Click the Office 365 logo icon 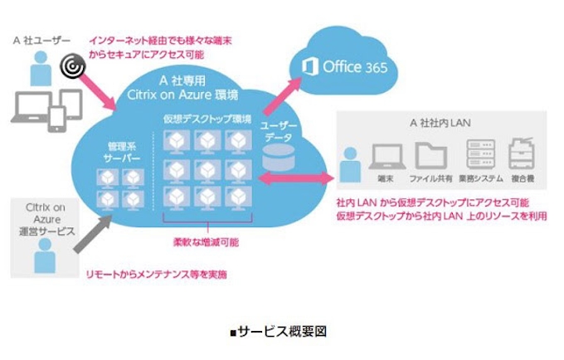click(x=310, y=66)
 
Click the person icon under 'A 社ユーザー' click(x=38, y=66)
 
